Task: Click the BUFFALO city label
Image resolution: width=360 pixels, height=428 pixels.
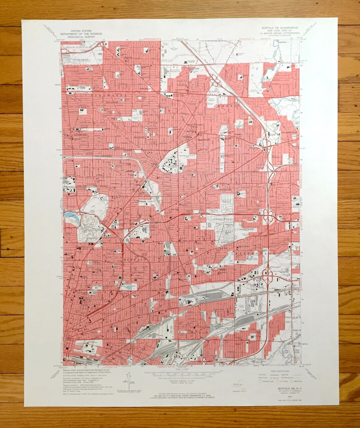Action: (x=135, y=259)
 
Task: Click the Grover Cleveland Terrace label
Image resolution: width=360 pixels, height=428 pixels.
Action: (x=194, y=126)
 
